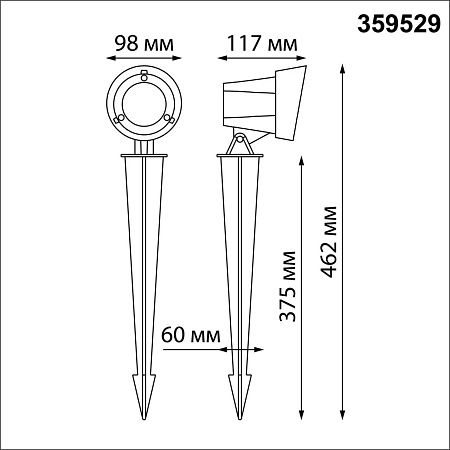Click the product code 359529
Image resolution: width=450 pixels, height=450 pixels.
click(399, 24)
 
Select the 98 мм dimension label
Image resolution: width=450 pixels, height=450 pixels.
click(144, 43)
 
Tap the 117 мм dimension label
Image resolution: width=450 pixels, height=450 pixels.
click(262, 43)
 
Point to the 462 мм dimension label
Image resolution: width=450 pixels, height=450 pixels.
click(328, 242)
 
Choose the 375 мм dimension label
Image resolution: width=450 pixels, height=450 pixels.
click(287, 286)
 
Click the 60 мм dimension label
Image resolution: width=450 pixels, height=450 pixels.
click(191, 335)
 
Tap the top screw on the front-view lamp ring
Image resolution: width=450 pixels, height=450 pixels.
click(144, 76)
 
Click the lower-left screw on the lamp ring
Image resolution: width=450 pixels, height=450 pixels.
click(119, 118)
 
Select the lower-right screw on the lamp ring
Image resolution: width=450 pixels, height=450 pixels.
click(169, 118)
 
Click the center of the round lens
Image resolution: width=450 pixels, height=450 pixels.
click(144, 104)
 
